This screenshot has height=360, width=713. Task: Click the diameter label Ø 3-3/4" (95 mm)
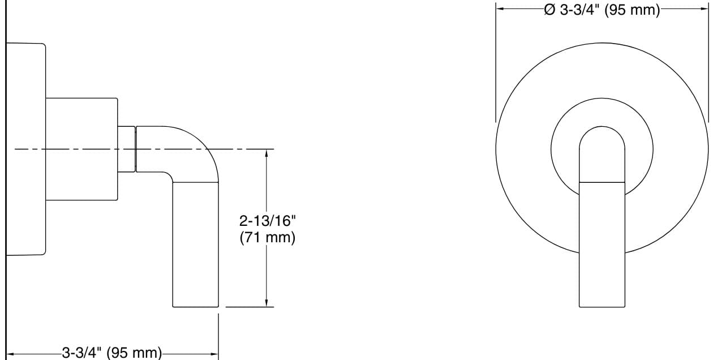click(x=602, y=10)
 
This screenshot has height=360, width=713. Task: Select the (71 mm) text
click(x=267, y=237)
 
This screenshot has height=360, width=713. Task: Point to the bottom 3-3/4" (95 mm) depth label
click(x=111, y=353)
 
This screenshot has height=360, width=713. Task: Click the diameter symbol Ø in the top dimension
click(x=549, y=10)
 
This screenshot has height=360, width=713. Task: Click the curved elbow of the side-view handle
click(x=195, y=150)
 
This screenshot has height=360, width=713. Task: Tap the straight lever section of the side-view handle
click(x=195, y=243)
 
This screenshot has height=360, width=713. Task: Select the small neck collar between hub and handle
click(x=127, y=148)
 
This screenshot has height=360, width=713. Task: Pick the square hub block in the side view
click(x=81, y=148)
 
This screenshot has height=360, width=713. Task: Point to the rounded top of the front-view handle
click(x=602, y=139)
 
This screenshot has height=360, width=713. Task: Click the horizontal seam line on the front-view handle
click(x=602, y=183)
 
